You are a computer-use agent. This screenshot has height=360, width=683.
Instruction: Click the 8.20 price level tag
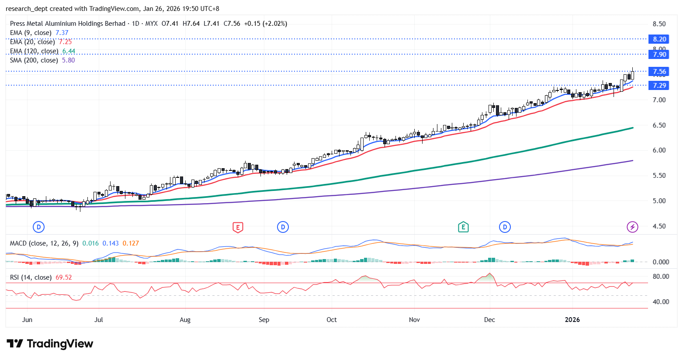click(659, 39)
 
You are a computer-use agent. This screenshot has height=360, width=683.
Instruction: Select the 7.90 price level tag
click(659, 54)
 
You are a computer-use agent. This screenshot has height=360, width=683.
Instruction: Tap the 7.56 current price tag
click(659, 71)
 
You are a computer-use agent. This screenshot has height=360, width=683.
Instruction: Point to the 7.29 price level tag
click(659, 85)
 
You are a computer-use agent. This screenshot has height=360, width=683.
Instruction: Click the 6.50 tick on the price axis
click(659, 125)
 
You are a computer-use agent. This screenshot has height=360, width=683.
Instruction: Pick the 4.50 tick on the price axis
click(659, 226)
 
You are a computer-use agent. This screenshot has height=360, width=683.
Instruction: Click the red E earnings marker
click(238, 227)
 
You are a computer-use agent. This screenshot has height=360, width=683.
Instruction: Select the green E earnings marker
click(463, 227)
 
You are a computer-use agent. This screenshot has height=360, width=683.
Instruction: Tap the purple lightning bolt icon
click(632, 227)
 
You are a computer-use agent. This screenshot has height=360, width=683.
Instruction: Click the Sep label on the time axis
click(264, 319)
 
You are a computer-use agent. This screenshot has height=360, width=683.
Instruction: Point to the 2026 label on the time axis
click(572, 319)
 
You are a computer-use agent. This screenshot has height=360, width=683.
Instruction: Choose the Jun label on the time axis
click(27, 319)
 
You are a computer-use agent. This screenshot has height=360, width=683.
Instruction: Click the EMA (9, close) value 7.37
click(62, 33)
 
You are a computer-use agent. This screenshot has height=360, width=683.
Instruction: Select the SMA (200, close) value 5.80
click(68, 60)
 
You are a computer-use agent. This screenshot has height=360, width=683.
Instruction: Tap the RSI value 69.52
click(64, 277)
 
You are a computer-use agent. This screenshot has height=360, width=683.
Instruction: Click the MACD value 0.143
click(111, 243)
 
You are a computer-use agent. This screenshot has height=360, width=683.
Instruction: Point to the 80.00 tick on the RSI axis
click(661, 276)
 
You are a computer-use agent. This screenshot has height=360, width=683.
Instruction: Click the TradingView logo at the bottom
click(50, 344)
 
